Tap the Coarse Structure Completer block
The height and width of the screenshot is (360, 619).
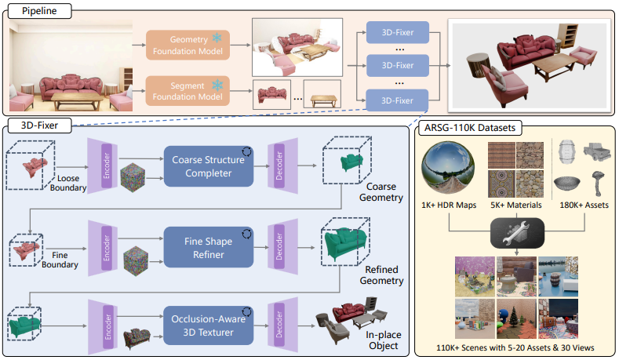(x=209, y=165)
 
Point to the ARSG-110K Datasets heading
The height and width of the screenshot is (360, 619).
(x=469, y=127)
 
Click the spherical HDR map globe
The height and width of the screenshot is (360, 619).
(x=448, y=167)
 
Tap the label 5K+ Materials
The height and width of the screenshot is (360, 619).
(x=515, y=205)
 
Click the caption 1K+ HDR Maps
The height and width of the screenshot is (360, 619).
(x=449, y=205)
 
